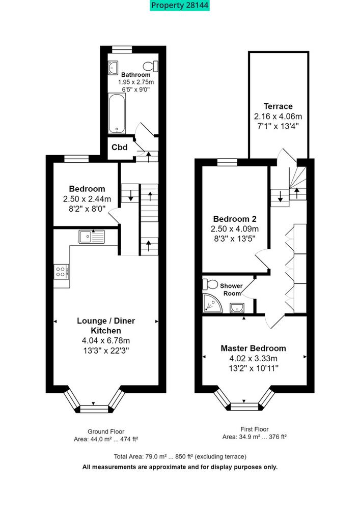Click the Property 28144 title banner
click(180, 5)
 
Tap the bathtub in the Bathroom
click(117, 113)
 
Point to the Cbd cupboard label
click(119, 147)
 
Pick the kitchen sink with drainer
click(92, 237)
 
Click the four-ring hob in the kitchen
click(62, 272)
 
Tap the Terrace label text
click(278, 106)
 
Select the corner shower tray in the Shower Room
click(212, 303)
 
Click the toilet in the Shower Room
click(210, 284)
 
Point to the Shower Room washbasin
click(237, 308)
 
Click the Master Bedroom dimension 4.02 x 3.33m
click(253, 359)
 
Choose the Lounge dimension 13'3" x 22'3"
click(106, 351)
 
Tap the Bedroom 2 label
click(235, 219)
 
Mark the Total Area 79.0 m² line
click(180, 456)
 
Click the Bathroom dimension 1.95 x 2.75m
click(136, 82)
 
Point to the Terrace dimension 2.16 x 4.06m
click(278, 117)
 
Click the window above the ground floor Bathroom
click(122, 49)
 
